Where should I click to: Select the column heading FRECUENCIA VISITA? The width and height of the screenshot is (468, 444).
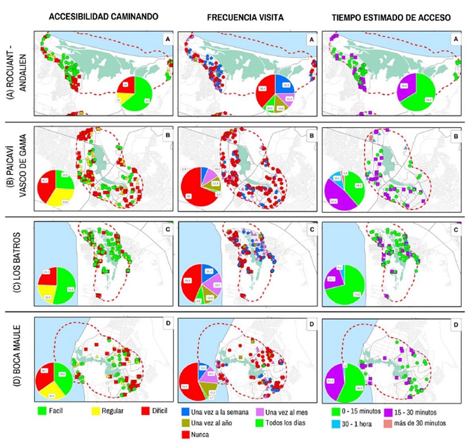pos(245,17)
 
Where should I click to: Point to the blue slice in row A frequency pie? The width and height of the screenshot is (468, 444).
pos(284,83)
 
